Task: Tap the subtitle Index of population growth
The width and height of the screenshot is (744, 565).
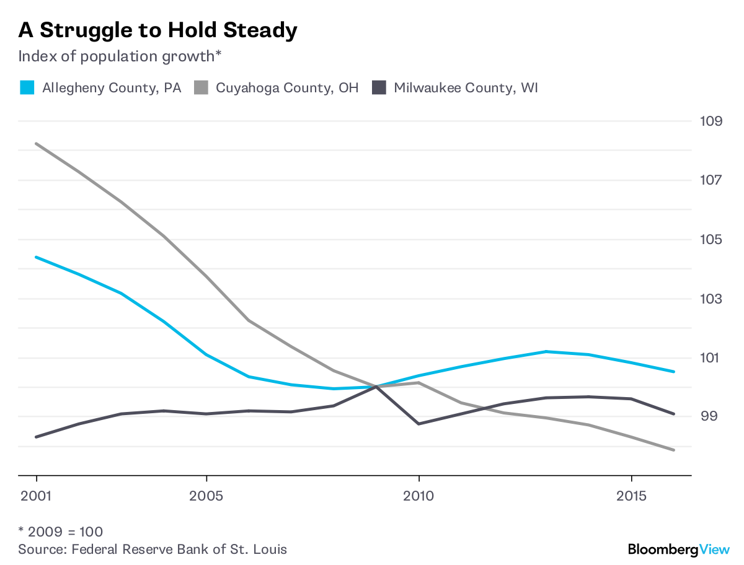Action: [120, 56]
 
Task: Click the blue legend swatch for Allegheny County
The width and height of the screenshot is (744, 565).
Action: [27, 87]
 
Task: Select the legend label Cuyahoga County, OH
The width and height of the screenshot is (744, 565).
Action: [286, 87]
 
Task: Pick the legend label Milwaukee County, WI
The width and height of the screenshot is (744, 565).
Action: [466, 87]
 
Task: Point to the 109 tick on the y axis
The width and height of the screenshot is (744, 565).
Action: [711, 120]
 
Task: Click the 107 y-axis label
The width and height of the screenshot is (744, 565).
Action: [711, 180]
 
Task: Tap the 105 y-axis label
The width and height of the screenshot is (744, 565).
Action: [711, 239]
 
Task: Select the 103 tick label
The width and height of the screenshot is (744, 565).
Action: [711, 299]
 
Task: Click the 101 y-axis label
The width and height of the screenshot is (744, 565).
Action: [711, 357]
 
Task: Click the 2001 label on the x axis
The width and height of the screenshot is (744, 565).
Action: [37, 496]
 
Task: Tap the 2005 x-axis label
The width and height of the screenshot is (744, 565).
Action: [206, 496]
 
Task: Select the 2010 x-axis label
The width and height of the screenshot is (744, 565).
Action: [419, 496]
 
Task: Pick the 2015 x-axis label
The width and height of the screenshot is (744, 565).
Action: [631, 496]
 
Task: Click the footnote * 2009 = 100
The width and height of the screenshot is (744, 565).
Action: [60, 532]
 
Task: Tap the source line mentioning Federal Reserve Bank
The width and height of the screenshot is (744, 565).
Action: [153, 549]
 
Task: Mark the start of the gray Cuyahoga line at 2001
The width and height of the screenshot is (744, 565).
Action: [37, 144]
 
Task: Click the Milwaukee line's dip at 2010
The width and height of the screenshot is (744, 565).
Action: [419, 424]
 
